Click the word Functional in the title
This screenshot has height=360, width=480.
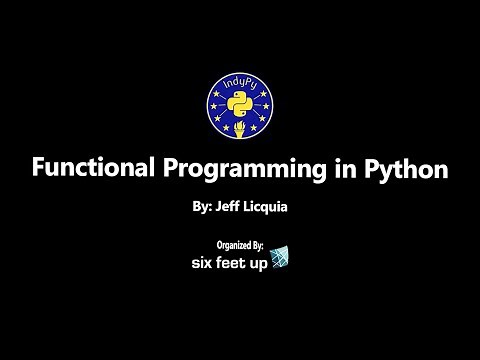click(87, 169)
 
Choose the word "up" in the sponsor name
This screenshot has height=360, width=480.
click(261, 261)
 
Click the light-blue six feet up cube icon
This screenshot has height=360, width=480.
click(282, 257)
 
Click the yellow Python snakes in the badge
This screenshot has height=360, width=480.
click(240, 107)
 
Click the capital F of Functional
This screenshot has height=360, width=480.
click(39, 169)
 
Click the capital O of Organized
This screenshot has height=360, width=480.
click(219, 243)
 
